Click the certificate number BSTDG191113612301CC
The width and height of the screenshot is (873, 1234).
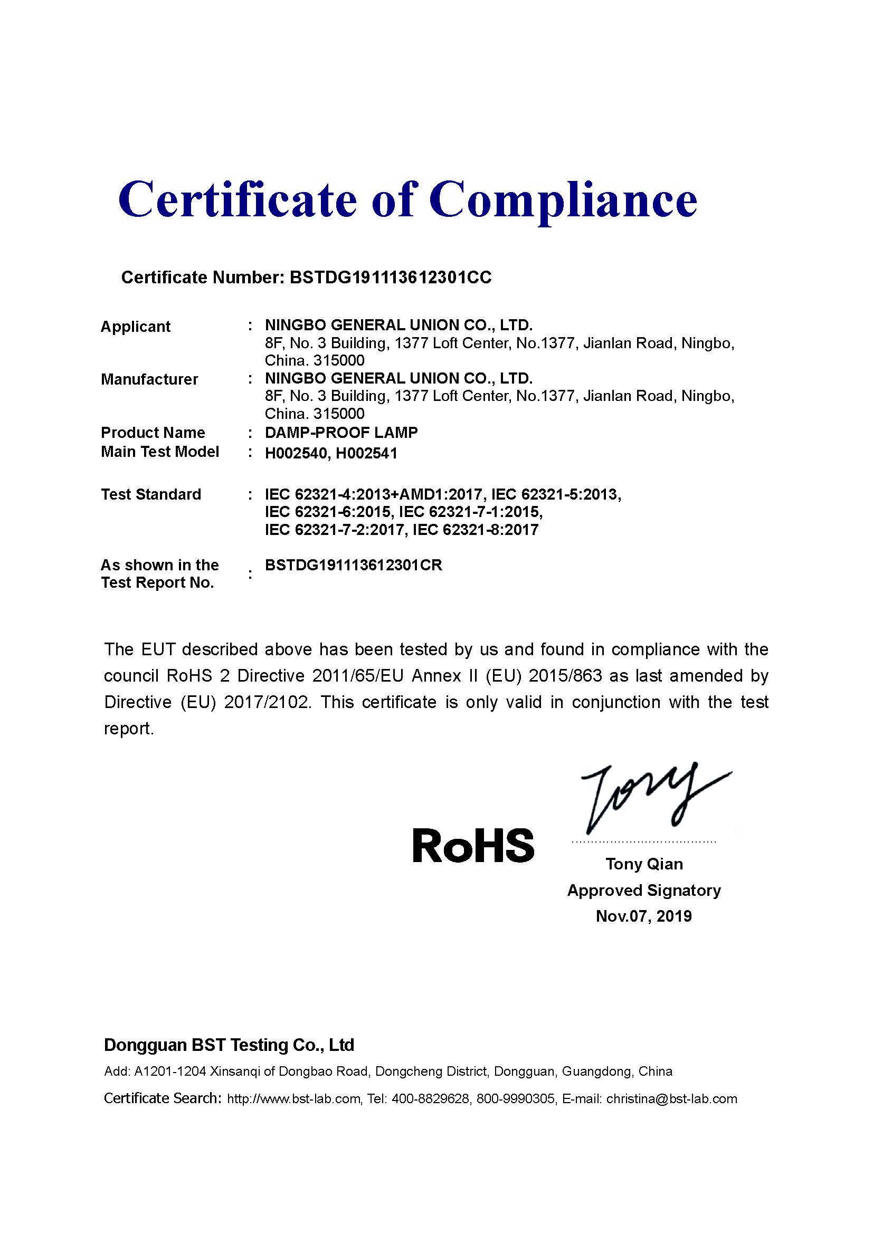[x=390, y=278]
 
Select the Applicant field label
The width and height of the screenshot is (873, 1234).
[x=135, y=326]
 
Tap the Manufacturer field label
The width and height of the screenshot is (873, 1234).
[x=149, y=379]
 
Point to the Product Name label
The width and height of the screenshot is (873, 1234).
[x=153, y=432]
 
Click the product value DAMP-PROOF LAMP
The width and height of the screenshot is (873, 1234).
[x=341, y=432]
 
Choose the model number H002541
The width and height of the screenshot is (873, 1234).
[x=367, y=453]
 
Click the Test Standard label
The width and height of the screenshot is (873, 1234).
[x=150, y=494]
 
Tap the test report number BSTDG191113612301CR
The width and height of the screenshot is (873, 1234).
[x=353, y=565]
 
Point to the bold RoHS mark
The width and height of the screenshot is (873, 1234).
[x=473, y=845]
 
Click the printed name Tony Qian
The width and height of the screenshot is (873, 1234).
[x=644, y=864]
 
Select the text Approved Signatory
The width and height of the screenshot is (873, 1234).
[x=643, y=890]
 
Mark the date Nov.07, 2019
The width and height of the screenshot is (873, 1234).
[x=643, y=916]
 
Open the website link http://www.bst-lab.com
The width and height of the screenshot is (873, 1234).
[x=293, y=1099]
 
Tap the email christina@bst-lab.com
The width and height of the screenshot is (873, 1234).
[x=671, y=1099]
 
